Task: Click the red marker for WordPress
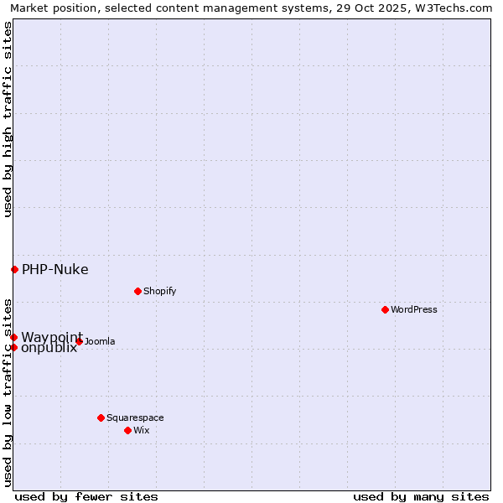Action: (385, 309)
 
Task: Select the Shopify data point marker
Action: (137, 291)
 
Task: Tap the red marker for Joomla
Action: (79, 341)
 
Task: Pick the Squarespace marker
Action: (101, 417)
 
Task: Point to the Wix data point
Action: (127, 430)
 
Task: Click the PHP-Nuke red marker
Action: (14, 269)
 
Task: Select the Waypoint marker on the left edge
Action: (13, 337)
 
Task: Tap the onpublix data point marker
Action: (13, 347)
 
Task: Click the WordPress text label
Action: (414, 309)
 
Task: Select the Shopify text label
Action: (160, 291)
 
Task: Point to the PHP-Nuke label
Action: (55, 269)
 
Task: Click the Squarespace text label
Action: (135, 417)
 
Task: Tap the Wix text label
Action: (142, 430)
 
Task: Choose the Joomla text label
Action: (100, 341)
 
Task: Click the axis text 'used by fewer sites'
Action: (86, 496)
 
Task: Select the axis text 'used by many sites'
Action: (421, 496)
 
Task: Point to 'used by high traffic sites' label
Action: (8, 119)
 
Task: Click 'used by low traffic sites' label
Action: (8, 392)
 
